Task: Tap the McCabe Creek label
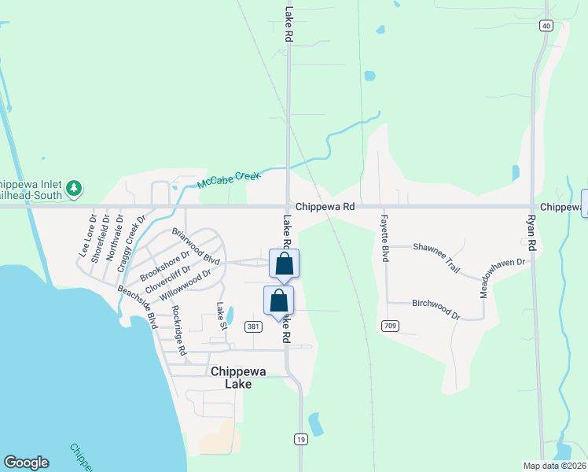(228, 180)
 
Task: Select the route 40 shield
(546, 26)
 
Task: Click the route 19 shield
(301, 441)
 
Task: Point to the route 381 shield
(252, 326)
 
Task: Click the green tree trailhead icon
(74, 187)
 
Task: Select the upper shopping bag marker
(285, 264)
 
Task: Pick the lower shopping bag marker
(278, 301)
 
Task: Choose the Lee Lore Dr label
(87, 235)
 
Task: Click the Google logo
(26, 463)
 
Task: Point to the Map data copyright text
(554, 466)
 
